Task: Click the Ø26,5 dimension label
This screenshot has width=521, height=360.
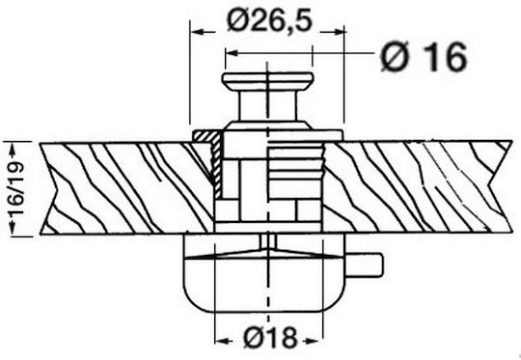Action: click(269, 20)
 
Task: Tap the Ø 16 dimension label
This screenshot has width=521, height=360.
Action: click(424, 57)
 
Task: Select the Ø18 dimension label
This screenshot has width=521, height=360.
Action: click(270, 338)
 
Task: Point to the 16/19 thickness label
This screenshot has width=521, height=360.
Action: click(16, 188)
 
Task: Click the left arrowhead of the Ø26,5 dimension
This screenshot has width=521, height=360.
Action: click(198, 32)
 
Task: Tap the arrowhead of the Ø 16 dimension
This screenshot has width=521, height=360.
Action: click(232, 53)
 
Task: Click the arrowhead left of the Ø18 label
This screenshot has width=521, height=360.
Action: click(223, 341)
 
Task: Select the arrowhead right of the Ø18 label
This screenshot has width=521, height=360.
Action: click(315, 341)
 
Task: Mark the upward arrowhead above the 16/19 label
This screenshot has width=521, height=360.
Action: click(13, 150)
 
